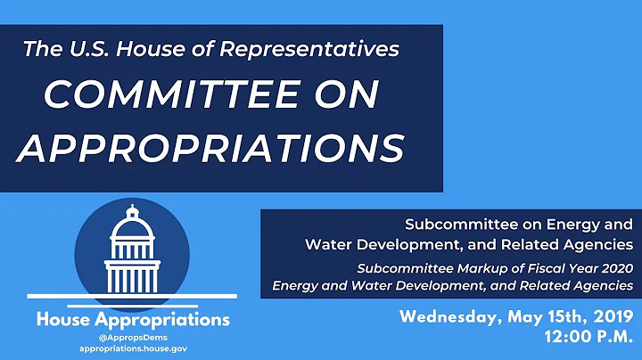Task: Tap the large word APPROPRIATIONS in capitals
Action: (x=210, y=146)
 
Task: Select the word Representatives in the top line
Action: (x=332, y=51)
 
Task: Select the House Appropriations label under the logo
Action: (x=132, y=319)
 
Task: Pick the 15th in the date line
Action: (x=560, y=316)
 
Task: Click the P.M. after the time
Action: (x=614, y=338)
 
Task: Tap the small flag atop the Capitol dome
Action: (x=133, y=209)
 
